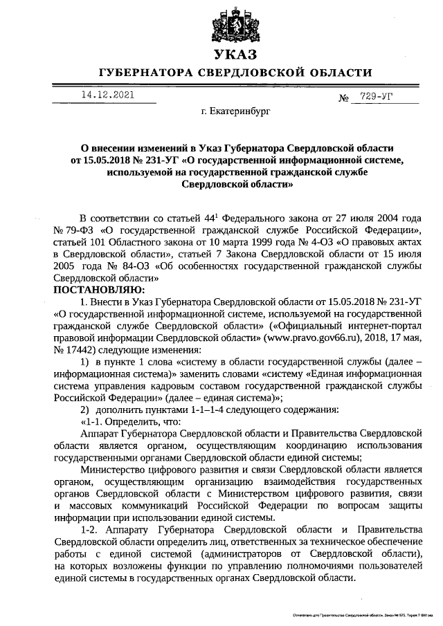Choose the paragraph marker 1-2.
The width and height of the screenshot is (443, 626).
click(91, 531)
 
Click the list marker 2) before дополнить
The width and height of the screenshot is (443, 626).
click(85, 410)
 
